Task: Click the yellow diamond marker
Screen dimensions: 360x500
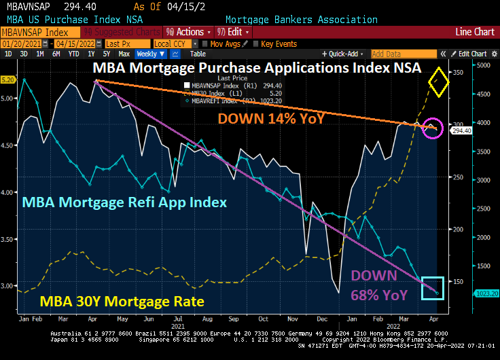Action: pyautogui.click(x=441, y=83)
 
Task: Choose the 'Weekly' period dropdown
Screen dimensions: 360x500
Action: pyautogui.click(x=149, y=54)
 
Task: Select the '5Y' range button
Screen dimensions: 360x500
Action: pyautogui.click(x=106, y=54)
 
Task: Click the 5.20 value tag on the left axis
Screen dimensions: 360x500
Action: pyautogui.click(x=8, y=79)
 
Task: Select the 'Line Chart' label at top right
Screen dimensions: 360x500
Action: pyautogui.click(x=474, y=32)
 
